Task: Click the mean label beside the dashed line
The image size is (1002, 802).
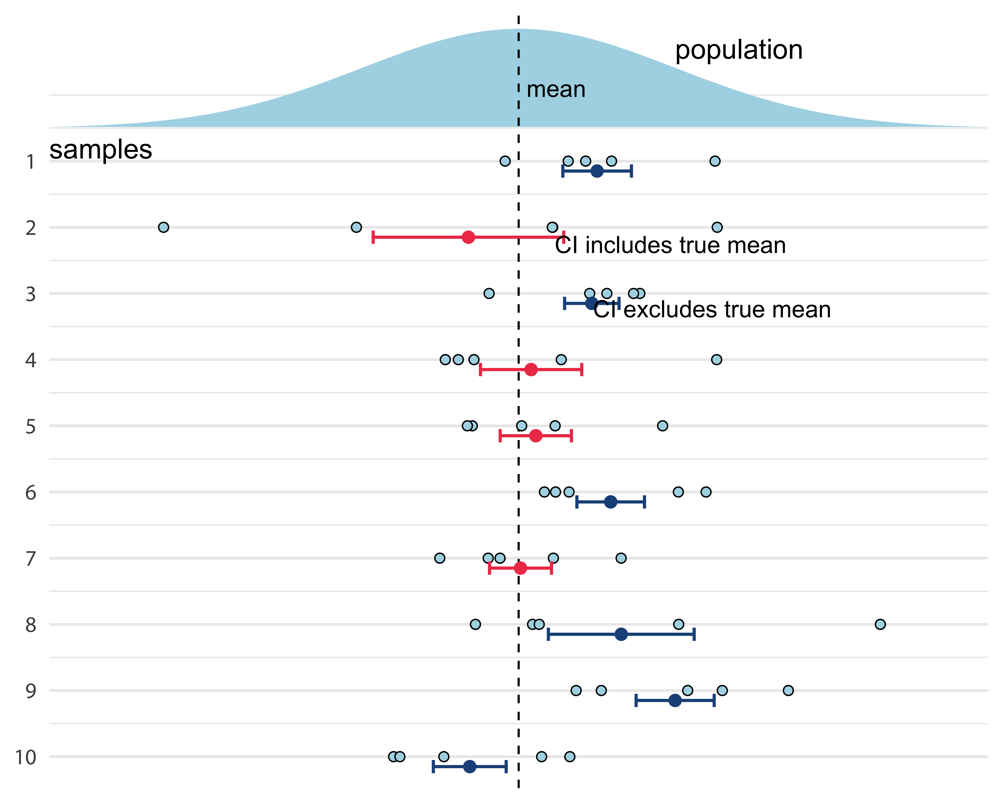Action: click(x=556, y=89)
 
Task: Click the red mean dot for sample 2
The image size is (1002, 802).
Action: click(x=468, y=237)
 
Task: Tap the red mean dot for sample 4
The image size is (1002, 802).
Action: click(x=531, y=370)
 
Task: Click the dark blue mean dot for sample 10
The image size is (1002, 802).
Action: click(x=470, y=766)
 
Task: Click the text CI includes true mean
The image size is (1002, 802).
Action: click(x=670, y=246)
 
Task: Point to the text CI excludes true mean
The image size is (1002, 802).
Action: click(x=712, y=310)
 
